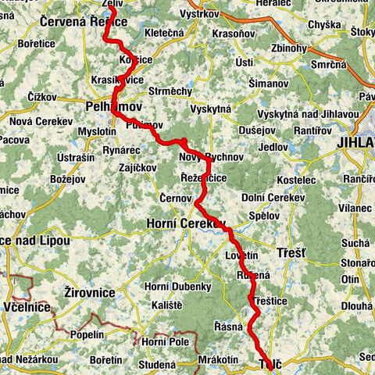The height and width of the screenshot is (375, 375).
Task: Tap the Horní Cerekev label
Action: [x=185, y=224]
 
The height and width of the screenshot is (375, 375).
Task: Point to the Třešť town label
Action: [x=292, y=254]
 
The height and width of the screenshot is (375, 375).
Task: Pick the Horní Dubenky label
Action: [x=180, y=287]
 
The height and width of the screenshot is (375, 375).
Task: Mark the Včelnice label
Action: [x=26, y=309]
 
